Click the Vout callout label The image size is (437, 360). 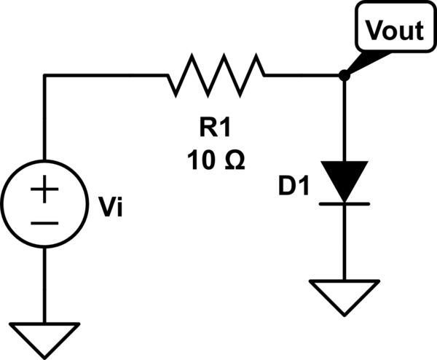393,31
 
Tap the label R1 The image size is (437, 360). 216,130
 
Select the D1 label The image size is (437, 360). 294,187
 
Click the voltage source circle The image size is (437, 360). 44,204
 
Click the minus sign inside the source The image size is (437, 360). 44,221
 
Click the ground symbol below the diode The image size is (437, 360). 343,296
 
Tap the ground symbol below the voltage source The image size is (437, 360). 44,337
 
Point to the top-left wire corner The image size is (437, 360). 44,75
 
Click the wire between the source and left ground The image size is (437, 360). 44,284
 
